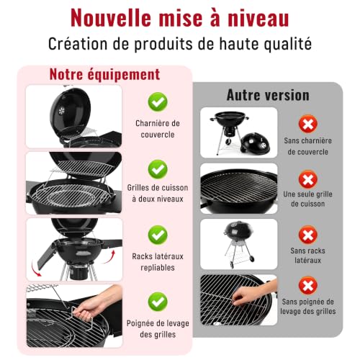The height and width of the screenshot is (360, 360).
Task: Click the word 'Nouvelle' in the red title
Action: [111, 18]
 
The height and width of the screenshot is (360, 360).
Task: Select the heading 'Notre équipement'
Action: [104, 74]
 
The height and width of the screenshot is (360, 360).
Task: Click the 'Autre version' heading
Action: [268, 95]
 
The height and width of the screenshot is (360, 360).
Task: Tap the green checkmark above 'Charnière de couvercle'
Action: [158, 102]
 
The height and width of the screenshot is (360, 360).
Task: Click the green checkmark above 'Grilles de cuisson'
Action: [158, 169]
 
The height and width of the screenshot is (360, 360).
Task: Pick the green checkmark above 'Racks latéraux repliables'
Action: [158, 235]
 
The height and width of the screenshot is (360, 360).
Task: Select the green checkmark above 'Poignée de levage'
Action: [158, 302]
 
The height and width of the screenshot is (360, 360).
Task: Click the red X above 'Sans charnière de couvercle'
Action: [308, 124]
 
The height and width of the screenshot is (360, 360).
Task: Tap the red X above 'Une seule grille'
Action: [308, 179]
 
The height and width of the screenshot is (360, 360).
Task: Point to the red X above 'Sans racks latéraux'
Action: [308, 235]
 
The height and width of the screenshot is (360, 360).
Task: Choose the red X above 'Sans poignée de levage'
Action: [308, 286]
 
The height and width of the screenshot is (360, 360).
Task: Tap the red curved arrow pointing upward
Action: [110, 257]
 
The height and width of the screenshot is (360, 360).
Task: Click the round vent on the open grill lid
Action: [62, 111]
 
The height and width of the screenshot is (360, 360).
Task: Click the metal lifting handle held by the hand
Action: [81, 316]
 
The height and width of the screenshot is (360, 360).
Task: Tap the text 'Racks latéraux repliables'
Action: [158, 262]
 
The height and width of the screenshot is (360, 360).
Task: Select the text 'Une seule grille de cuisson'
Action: [308, 199]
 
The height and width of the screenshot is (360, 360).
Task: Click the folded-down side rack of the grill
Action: [46, 255]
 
